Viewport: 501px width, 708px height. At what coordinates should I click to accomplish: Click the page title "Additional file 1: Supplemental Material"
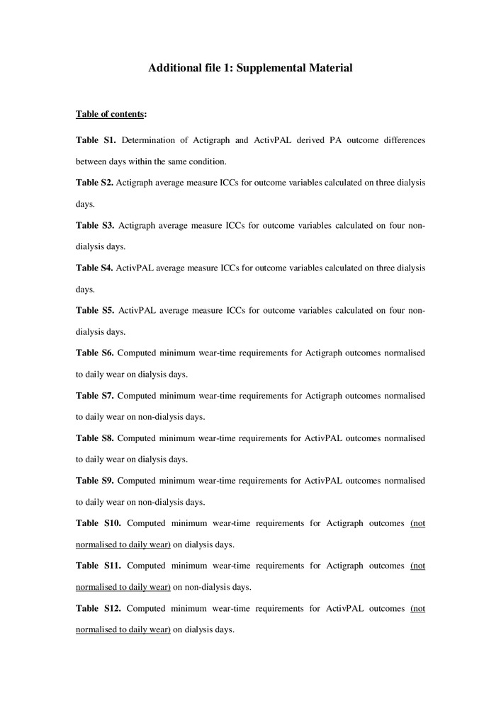pos(250,69)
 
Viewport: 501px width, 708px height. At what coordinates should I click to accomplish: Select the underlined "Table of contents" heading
pos(110,114)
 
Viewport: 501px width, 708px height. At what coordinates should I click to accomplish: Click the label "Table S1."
pos(95,140)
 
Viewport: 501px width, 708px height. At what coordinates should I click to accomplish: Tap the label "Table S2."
pos(94,183)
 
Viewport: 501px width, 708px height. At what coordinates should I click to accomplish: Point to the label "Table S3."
pos(95,225)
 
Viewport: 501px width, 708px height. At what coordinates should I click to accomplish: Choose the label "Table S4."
pos(94,268)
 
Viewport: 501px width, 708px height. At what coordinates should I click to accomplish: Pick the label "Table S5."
pos(95,310)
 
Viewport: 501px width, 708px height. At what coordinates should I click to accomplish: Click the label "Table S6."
pos(94,353)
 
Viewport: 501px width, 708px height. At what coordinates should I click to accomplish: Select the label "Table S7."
pos(94,395)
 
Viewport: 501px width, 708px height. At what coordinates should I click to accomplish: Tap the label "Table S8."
pos(94,438)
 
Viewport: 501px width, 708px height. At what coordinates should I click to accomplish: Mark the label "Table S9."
pos(94,481)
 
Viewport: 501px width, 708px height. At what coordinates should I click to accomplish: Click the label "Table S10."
pos(98,523)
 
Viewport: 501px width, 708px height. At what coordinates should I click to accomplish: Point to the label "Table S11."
pos(98,566)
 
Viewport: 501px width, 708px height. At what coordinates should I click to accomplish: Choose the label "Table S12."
pos(98,608)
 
